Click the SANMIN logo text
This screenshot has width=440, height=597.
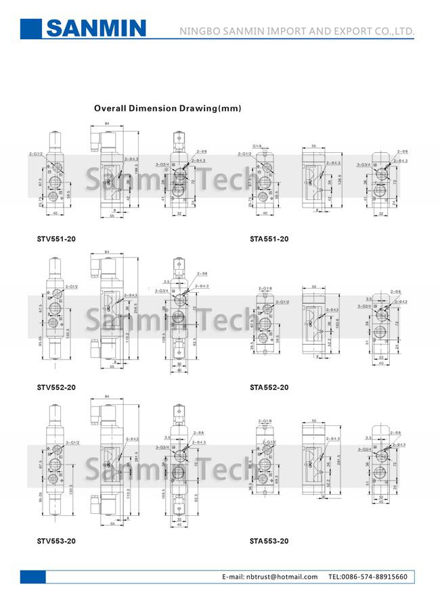pos(95,28)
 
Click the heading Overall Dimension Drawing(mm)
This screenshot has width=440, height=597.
pos(167,108)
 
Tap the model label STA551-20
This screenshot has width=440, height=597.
pos(269,239)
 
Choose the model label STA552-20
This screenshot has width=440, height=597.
pos(269,387)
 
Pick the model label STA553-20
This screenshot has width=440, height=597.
pos(269,541)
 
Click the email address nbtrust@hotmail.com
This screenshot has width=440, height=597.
pos(280,577)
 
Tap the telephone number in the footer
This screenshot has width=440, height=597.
pos(368,577)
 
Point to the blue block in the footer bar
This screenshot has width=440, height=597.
pos(32,577)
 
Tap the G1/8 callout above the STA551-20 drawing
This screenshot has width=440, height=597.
pos(257,145)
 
